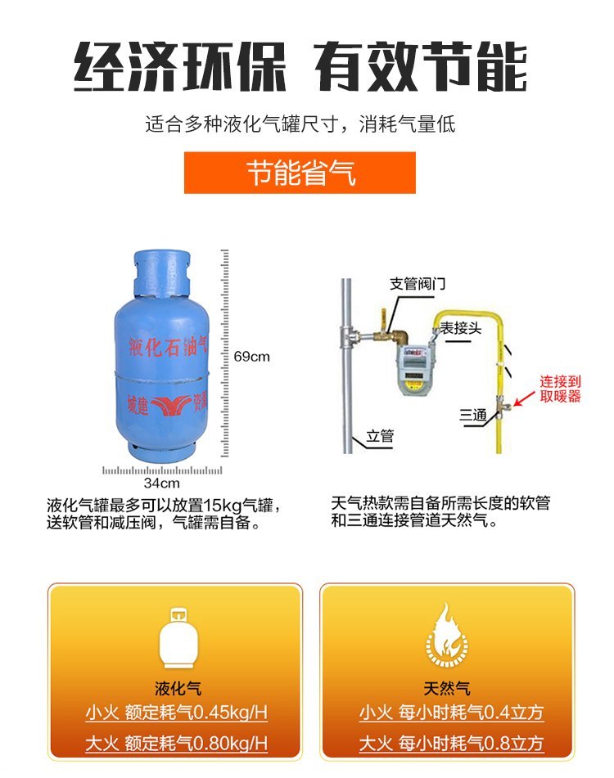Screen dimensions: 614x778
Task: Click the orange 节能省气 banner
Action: click(300, 173)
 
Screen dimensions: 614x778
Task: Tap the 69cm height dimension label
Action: click(251, 357)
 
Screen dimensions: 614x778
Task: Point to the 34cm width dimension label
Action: click(162, 483)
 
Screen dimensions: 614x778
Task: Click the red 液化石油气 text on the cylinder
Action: click(168, 346)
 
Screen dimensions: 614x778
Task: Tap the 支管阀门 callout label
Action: click(418, 284)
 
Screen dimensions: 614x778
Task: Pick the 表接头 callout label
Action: click(461, 328)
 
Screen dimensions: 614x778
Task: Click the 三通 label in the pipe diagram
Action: click(472, 415)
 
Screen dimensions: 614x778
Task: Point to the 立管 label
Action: click(380, 436)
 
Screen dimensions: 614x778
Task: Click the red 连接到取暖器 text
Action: click(561, 389)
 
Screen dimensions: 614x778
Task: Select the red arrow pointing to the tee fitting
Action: click(524, 398)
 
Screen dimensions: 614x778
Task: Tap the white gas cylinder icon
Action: click(178, 638)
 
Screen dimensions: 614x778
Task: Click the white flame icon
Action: click(446, 635)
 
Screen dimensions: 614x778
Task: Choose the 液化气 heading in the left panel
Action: click(178, 689)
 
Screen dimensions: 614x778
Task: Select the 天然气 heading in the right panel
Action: click(447, 689)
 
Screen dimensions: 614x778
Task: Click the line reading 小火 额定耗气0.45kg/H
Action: click(176, 713)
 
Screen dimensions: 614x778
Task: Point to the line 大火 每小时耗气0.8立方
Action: click(451, 744)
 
